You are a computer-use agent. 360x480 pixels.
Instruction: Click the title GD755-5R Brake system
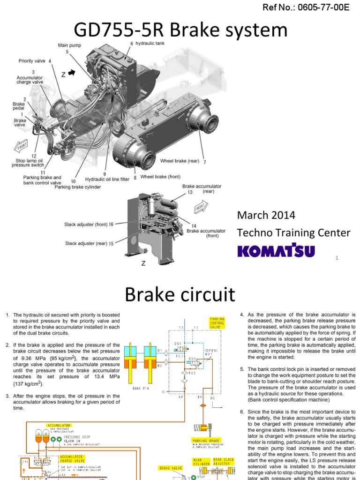click(180, 30)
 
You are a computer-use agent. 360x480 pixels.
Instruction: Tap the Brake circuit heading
click(180, 294)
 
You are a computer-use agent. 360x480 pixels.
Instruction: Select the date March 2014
click(266, 215)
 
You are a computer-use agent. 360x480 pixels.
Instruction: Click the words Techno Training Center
click(293, 232)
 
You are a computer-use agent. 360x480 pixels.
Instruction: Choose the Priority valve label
click(32, 61)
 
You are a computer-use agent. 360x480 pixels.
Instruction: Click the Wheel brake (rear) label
click(180, 161)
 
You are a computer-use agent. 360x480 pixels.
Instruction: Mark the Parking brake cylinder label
click(78, 187)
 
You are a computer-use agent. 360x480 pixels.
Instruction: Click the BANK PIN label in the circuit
click(141, 388)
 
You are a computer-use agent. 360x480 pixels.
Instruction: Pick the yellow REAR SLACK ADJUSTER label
click(224, 462)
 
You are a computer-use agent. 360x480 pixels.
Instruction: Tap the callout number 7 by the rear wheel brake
click(204, 162)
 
